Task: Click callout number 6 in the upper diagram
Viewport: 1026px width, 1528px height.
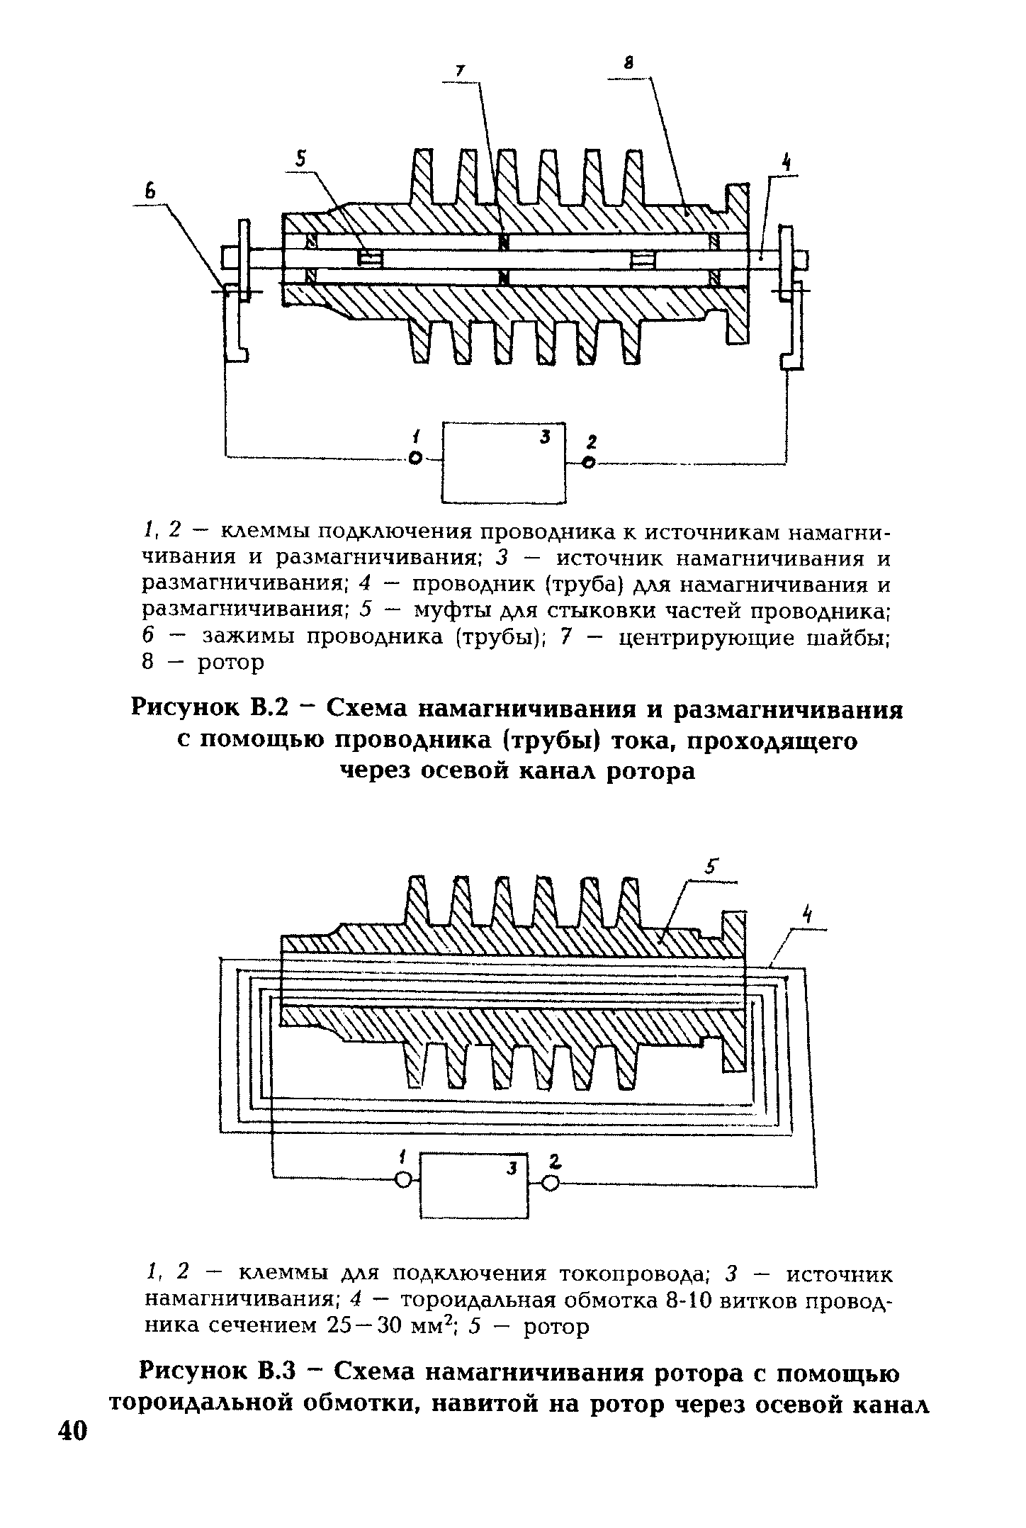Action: [x=150, y=191]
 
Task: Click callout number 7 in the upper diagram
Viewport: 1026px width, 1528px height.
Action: [x=460, y=70]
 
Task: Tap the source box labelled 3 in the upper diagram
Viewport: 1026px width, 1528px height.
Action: [x=504, y=462]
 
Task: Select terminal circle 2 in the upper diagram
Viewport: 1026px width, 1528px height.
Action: [x=587, y=463]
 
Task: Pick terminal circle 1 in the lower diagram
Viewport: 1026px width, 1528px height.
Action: [x=404, y=1179]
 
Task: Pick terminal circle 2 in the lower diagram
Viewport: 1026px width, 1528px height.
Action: [x=551, y=1182]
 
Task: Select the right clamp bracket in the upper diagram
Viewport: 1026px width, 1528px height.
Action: [x=794, y=326]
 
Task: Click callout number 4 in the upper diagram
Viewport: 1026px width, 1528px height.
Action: [x=786, y=163]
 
